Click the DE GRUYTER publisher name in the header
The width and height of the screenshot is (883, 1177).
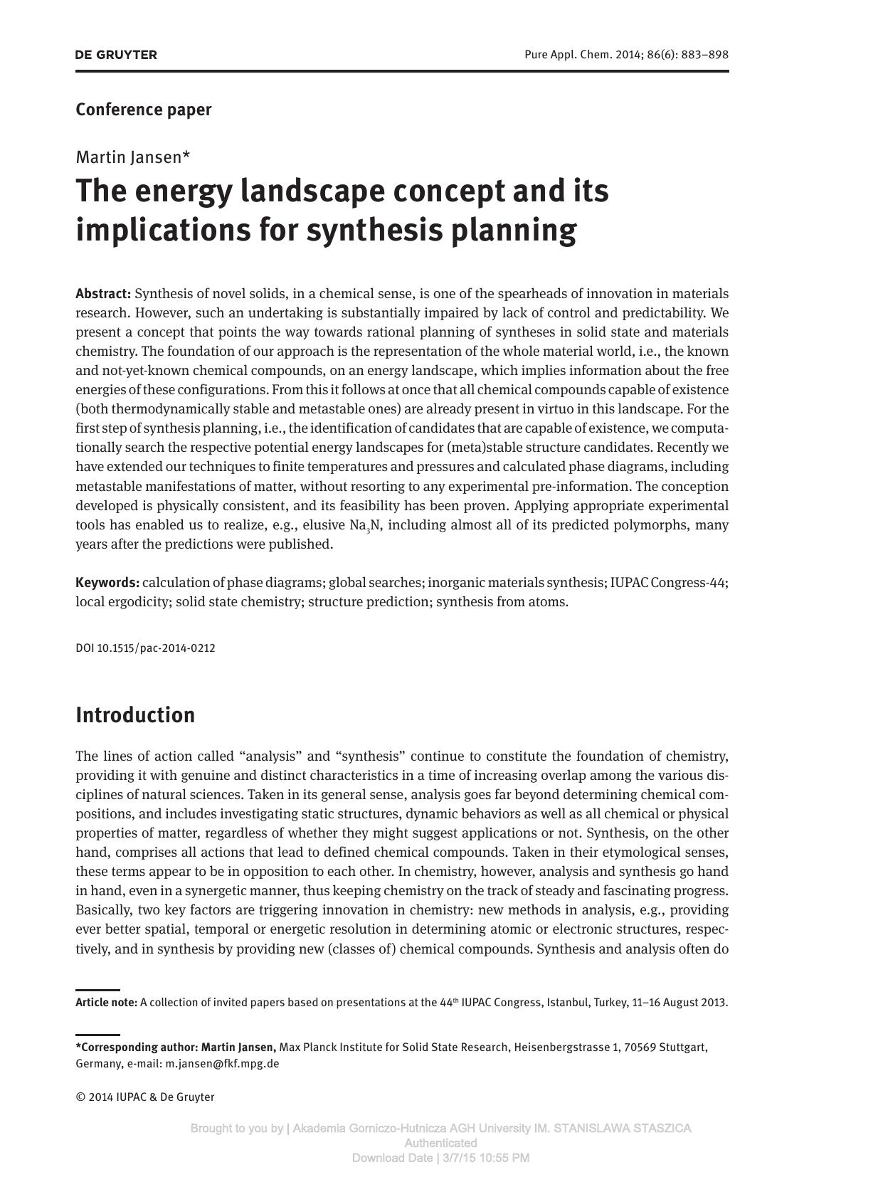tap(116, 55)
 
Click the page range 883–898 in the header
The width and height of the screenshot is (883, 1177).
tap(704, 55)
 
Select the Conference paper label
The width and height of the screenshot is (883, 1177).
tap(144, 110)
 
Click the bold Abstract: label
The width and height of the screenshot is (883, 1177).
tap(103, 294)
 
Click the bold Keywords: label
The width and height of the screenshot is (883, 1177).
tap(107, 583)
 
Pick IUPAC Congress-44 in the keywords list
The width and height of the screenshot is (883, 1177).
tap(667, 583)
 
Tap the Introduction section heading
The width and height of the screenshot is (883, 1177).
tap(135, 715)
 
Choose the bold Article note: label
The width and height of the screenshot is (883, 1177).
tap(106, 1003)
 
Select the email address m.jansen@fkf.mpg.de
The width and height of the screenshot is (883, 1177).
tap(222, 1064)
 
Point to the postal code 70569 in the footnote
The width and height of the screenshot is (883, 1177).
tap(640, 1047)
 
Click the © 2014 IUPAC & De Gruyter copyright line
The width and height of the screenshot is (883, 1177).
tap(145, 1097)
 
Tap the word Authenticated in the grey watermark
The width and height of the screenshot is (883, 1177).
tap(440, 1143)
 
